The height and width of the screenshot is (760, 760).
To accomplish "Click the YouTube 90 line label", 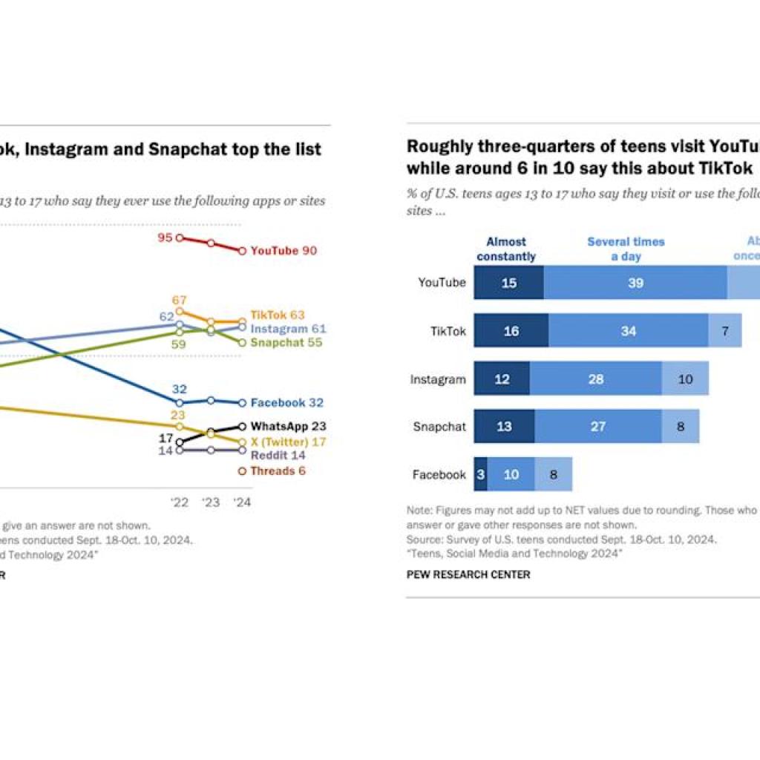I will pyautogui.click(x=284, y=251).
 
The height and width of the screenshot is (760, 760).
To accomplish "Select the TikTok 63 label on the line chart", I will pyautogui.click(x=278, y=315).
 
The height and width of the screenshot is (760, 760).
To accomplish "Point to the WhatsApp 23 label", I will pyautogui.click(x=288, y=427).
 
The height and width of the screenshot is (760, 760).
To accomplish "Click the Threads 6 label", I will pyautogui.click(x=278, y=471).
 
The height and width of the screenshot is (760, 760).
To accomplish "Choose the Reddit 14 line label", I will pyautogui.click(x=278, y=455).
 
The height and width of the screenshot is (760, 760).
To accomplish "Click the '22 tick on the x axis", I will pyautogui.click(x=180, y=502).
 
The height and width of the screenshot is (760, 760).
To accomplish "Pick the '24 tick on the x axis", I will pyautogui.click(x=242, y=502).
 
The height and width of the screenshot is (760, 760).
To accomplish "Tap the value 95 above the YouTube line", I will pyautogui.click(x=166, y=237).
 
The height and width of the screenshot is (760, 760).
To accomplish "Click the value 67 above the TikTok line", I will pyautogui.click(x=179, y=300).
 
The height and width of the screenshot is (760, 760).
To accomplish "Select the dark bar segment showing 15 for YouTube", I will pyautogui.click(x=509, y=283).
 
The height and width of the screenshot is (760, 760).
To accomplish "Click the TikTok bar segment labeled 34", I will pyautogui.click(x=629, y=331).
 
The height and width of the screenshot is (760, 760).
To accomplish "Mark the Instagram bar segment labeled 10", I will pyautogui.click(x=685, y=379).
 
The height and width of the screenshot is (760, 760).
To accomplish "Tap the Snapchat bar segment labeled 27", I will pyautogui.click(x=598, y=427).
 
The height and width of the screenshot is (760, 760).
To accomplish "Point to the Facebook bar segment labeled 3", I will pyautogui.click(x=480, y=475).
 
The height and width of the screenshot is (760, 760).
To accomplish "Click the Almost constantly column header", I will pyautogui.click(x=506, y=249).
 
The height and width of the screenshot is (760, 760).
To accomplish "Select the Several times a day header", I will pyautogui.click(x=626, y=249).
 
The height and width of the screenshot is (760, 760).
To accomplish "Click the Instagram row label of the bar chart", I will pyautogui.click(x=438, y=379).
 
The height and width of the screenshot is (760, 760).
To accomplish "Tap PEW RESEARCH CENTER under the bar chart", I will pyautogui.click(x=468, y=574).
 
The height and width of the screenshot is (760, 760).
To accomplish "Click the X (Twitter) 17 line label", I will pyautogui.click(x=288, y=442).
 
